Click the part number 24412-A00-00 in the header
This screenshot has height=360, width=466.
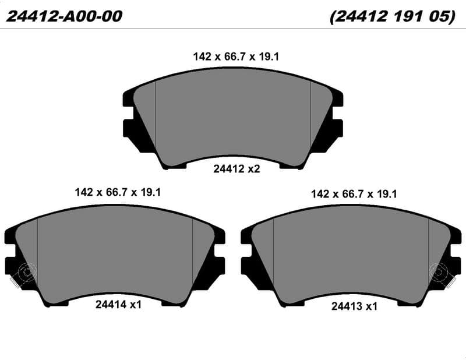pos(64,16)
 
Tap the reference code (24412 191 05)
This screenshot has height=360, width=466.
pos(393,16)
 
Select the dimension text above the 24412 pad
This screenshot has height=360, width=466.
pos(236,57)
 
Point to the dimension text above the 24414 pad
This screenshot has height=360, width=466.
pos(118,192)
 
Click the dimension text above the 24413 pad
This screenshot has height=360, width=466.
pos(354,194)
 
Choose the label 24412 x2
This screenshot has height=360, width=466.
pos(236,169)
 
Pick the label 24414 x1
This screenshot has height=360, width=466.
pos(118,305)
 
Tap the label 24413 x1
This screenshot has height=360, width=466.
pos(354,306)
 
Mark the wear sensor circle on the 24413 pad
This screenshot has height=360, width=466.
pos(439,272)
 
